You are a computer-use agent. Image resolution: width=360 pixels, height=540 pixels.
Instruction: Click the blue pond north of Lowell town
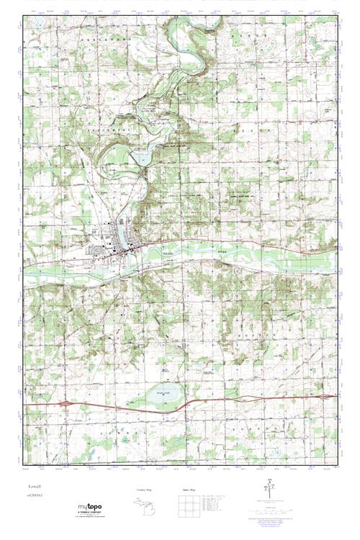pyautogui.click(x=141, y=156)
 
